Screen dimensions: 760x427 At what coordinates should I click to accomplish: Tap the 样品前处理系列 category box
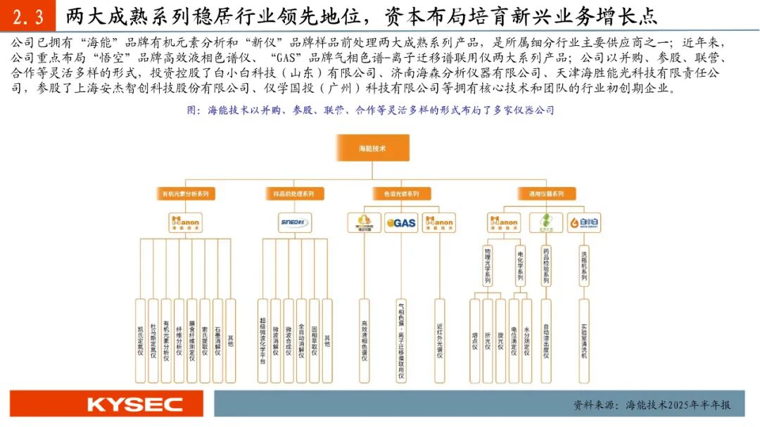pos(294,193)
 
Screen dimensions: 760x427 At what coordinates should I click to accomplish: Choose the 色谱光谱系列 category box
pos(400,193)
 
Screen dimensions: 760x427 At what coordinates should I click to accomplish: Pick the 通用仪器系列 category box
pos(545,193)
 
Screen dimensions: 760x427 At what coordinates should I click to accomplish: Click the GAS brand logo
pos(401,223)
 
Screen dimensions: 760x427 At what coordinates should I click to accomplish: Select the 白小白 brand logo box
pos(583,223)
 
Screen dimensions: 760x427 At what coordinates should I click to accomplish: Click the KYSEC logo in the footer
pos(135,404)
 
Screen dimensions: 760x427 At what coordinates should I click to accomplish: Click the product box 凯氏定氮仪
pos(140,341)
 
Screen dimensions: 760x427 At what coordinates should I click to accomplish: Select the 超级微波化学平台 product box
pos(262,341)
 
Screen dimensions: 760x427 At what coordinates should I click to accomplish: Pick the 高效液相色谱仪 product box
pos(364,341)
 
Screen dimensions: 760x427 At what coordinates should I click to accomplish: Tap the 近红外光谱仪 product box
pos(440,341)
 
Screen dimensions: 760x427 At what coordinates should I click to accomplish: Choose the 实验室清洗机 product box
pos(583,341)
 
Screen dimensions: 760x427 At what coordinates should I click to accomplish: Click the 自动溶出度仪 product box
pos(546,341)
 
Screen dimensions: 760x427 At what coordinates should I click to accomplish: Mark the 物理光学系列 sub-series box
pos(488,265)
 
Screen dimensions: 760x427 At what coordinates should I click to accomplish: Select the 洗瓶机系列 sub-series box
pos(583,265)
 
